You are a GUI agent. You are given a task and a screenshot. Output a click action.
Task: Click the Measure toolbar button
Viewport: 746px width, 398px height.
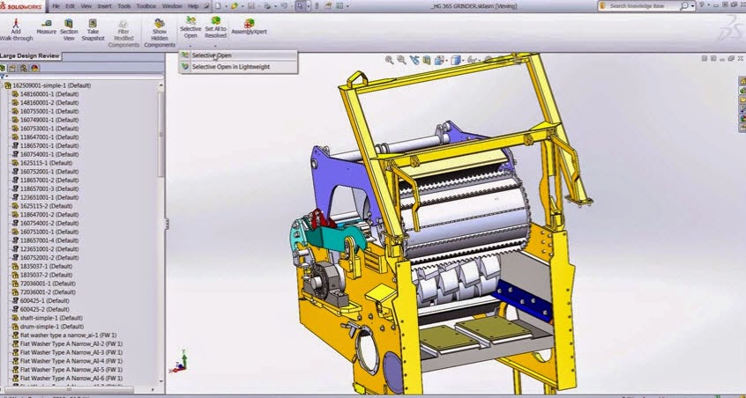48,29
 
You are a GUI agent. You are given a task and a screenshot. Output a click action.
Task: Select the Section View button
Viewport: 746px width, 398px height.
69,29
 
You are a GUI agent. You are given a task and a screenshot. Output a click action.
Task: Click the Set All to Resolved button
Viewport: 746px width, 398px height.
215,28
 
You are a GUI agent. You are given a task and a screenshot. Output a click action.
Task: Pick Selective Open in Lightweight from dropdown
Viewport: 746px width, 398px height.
231,67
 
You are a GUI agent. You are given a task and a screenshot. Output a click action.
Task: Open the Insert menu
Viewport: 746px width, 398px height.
105,6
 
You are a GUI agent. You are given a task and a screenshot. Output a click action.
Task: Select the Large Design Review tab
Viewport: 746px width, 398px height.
32,55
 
